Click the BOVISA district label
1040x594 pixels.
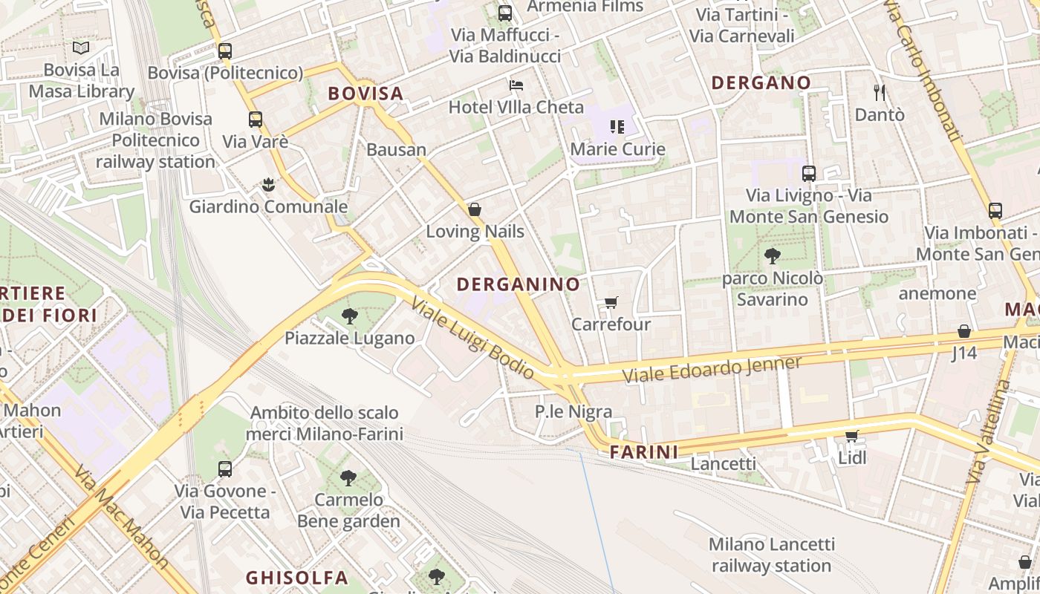(365, 94)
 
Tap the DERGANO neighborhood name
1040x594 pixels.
(761, 82)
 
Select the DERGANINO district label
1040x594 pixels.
(518, 284)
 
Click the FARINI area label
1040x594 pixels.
(644, 451)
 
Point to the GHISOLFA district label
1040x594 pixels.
(296, 577)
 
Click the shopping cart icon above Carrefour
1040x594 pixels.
(611, 302)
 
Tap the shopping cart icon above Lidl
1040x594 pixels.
(851, 436)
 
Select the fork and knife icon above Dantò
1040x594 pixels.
(880, 92)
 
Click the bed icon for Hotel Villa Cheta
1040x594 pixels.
(516, 85)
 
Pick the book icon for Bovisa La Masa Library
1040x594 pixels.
(81, 48)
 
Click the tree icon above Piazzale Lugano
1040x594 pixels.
(349, 317)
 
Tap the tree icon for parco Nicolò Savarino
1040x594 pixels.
(772, 257)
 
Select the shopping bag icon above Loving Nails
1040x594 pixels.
(475, 209)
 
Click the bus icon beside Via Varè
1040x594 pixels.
(256, 120)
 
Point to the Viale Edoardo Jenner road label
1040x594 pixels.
(712, 369)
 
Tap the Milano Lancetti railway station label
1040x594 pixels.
(771, 555)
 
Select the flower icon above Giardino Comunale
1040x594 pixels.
(267, 185)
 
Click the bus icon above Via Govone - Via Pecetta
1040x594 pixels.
(225, 469)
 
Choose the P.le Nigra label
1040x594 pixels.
(573, 411)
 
